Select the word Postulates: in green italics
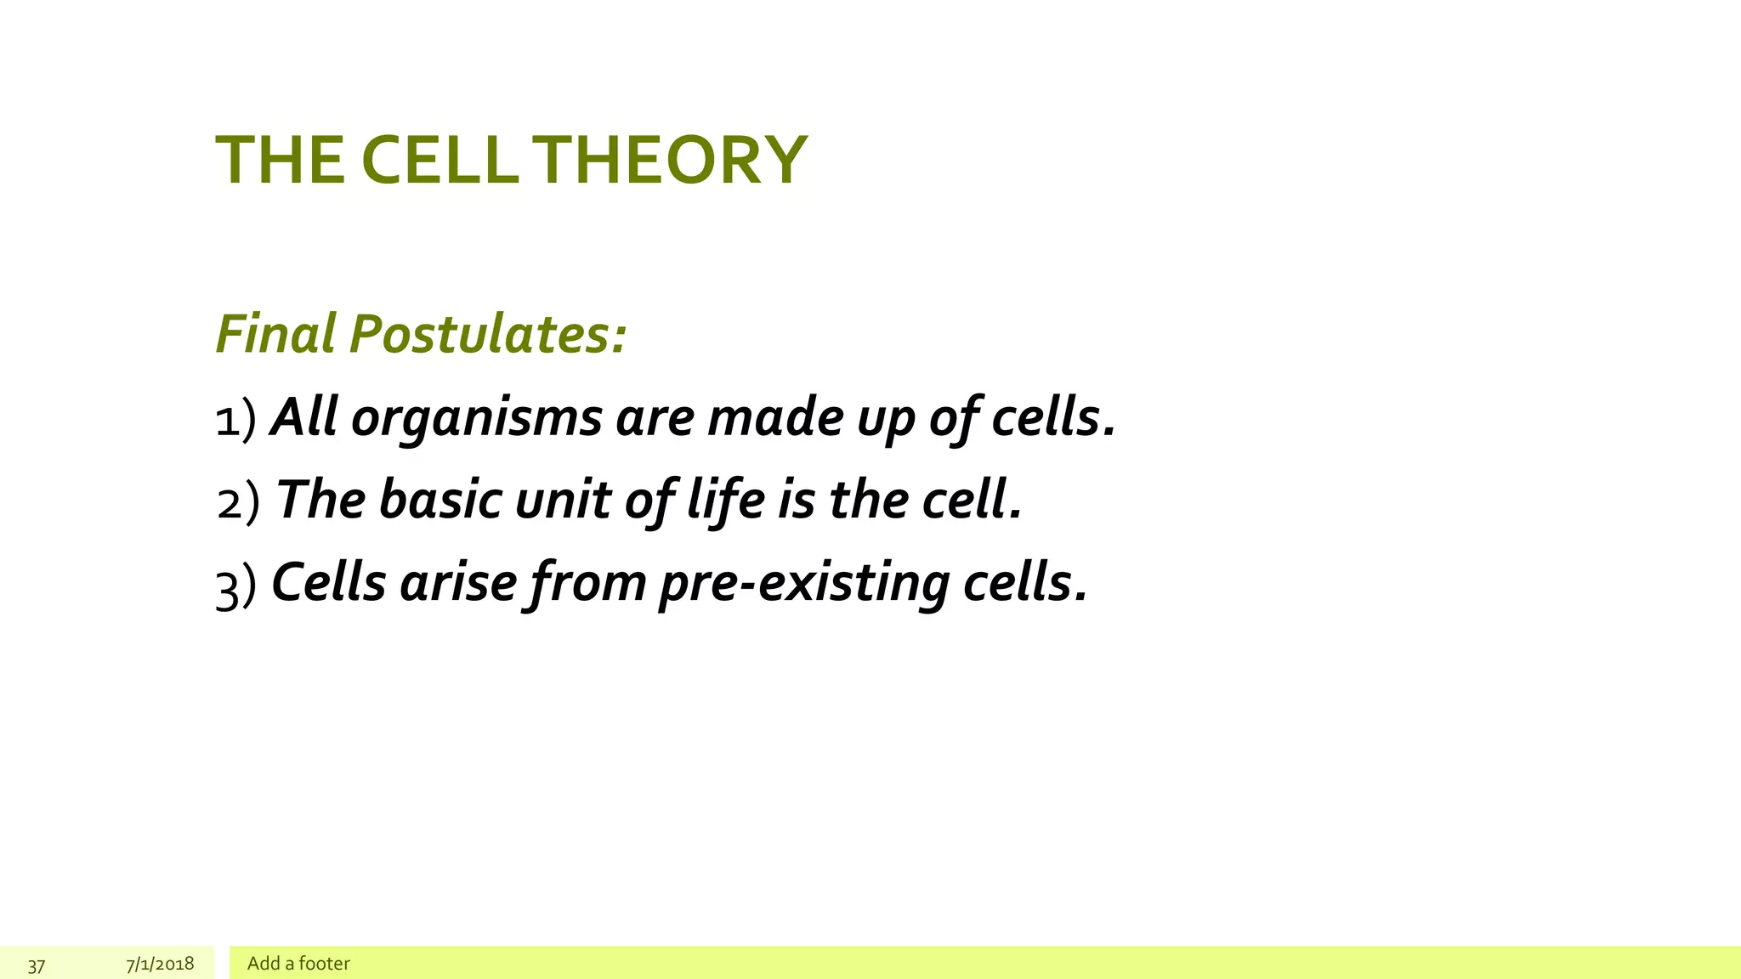[488, 333]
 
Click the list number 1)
[235, 419]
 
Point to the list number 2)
[237, 501]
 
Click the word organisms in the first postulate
[476, 419]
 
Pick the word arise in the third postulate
[457, 583]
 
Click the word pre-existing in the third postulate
[804, 585]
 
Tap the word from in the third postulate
[587, 585]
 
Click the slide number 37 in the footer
[37, 965]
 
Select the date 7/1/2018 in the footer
[160, 964]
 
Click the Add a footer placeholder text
[298, 963]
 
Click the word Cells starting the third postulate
[328, 583]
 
